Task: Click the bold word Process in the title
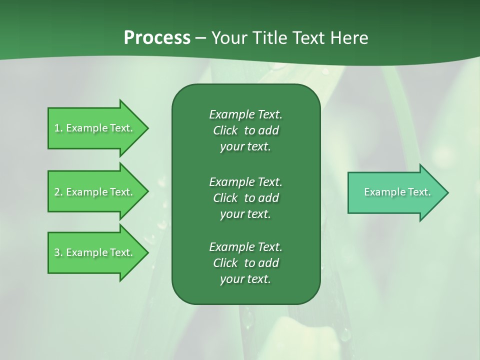[157, 38]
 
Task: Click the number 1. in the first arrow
[58, 128]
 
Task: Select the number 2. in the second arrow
[58, 192]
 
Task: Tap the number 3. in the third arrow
[58, 252]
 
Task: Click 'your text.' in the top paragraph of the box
[245, 147]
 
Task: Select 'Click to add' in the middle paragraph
[245, 198]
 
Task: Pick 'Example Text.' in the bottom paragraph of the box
[245, 247]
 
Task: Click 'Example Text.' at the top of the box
[245, 114]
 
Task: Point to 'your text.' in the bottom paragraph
[245, 279]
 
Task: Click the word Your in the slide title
[228, 38]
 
